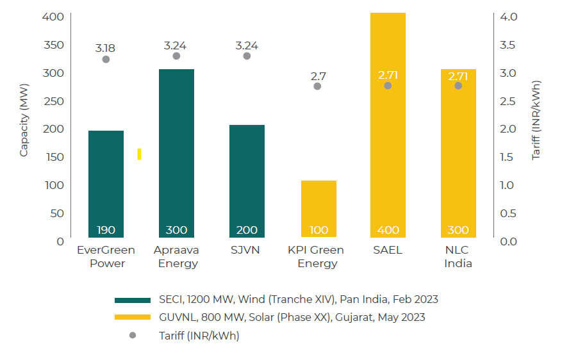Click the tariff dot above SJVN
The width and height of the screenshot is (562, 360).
pos(247,56)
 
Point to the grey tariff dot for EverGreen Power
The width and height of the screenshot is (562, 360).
pos(106,60)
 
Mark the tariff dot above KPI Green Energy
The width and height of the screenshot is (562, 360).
pos(317,86)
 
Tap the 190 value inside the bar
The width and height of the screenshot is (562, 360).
pos(106,230)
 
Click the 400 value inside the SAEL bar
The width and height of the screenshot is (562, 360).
pos(388,230)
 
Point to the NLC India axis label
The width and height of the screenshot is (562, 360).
pos(458,256)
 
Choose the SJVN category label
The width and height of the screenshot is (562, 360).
pos(247,250)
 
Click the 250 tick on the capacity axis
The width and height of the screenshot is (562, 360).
pos(56,101)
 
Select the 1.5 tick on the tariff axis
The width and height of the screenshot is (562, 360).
pos(509,157)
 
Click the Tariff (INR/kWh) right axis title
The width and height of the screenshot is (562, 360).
pos(537,120)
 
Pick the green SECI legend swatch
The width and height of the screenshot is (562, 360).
pos(132,300)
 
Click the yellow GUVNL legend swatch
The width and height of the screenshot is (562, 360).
pos(132,317)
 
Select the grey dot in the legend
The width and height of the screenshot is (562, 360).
pos(132,335)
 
